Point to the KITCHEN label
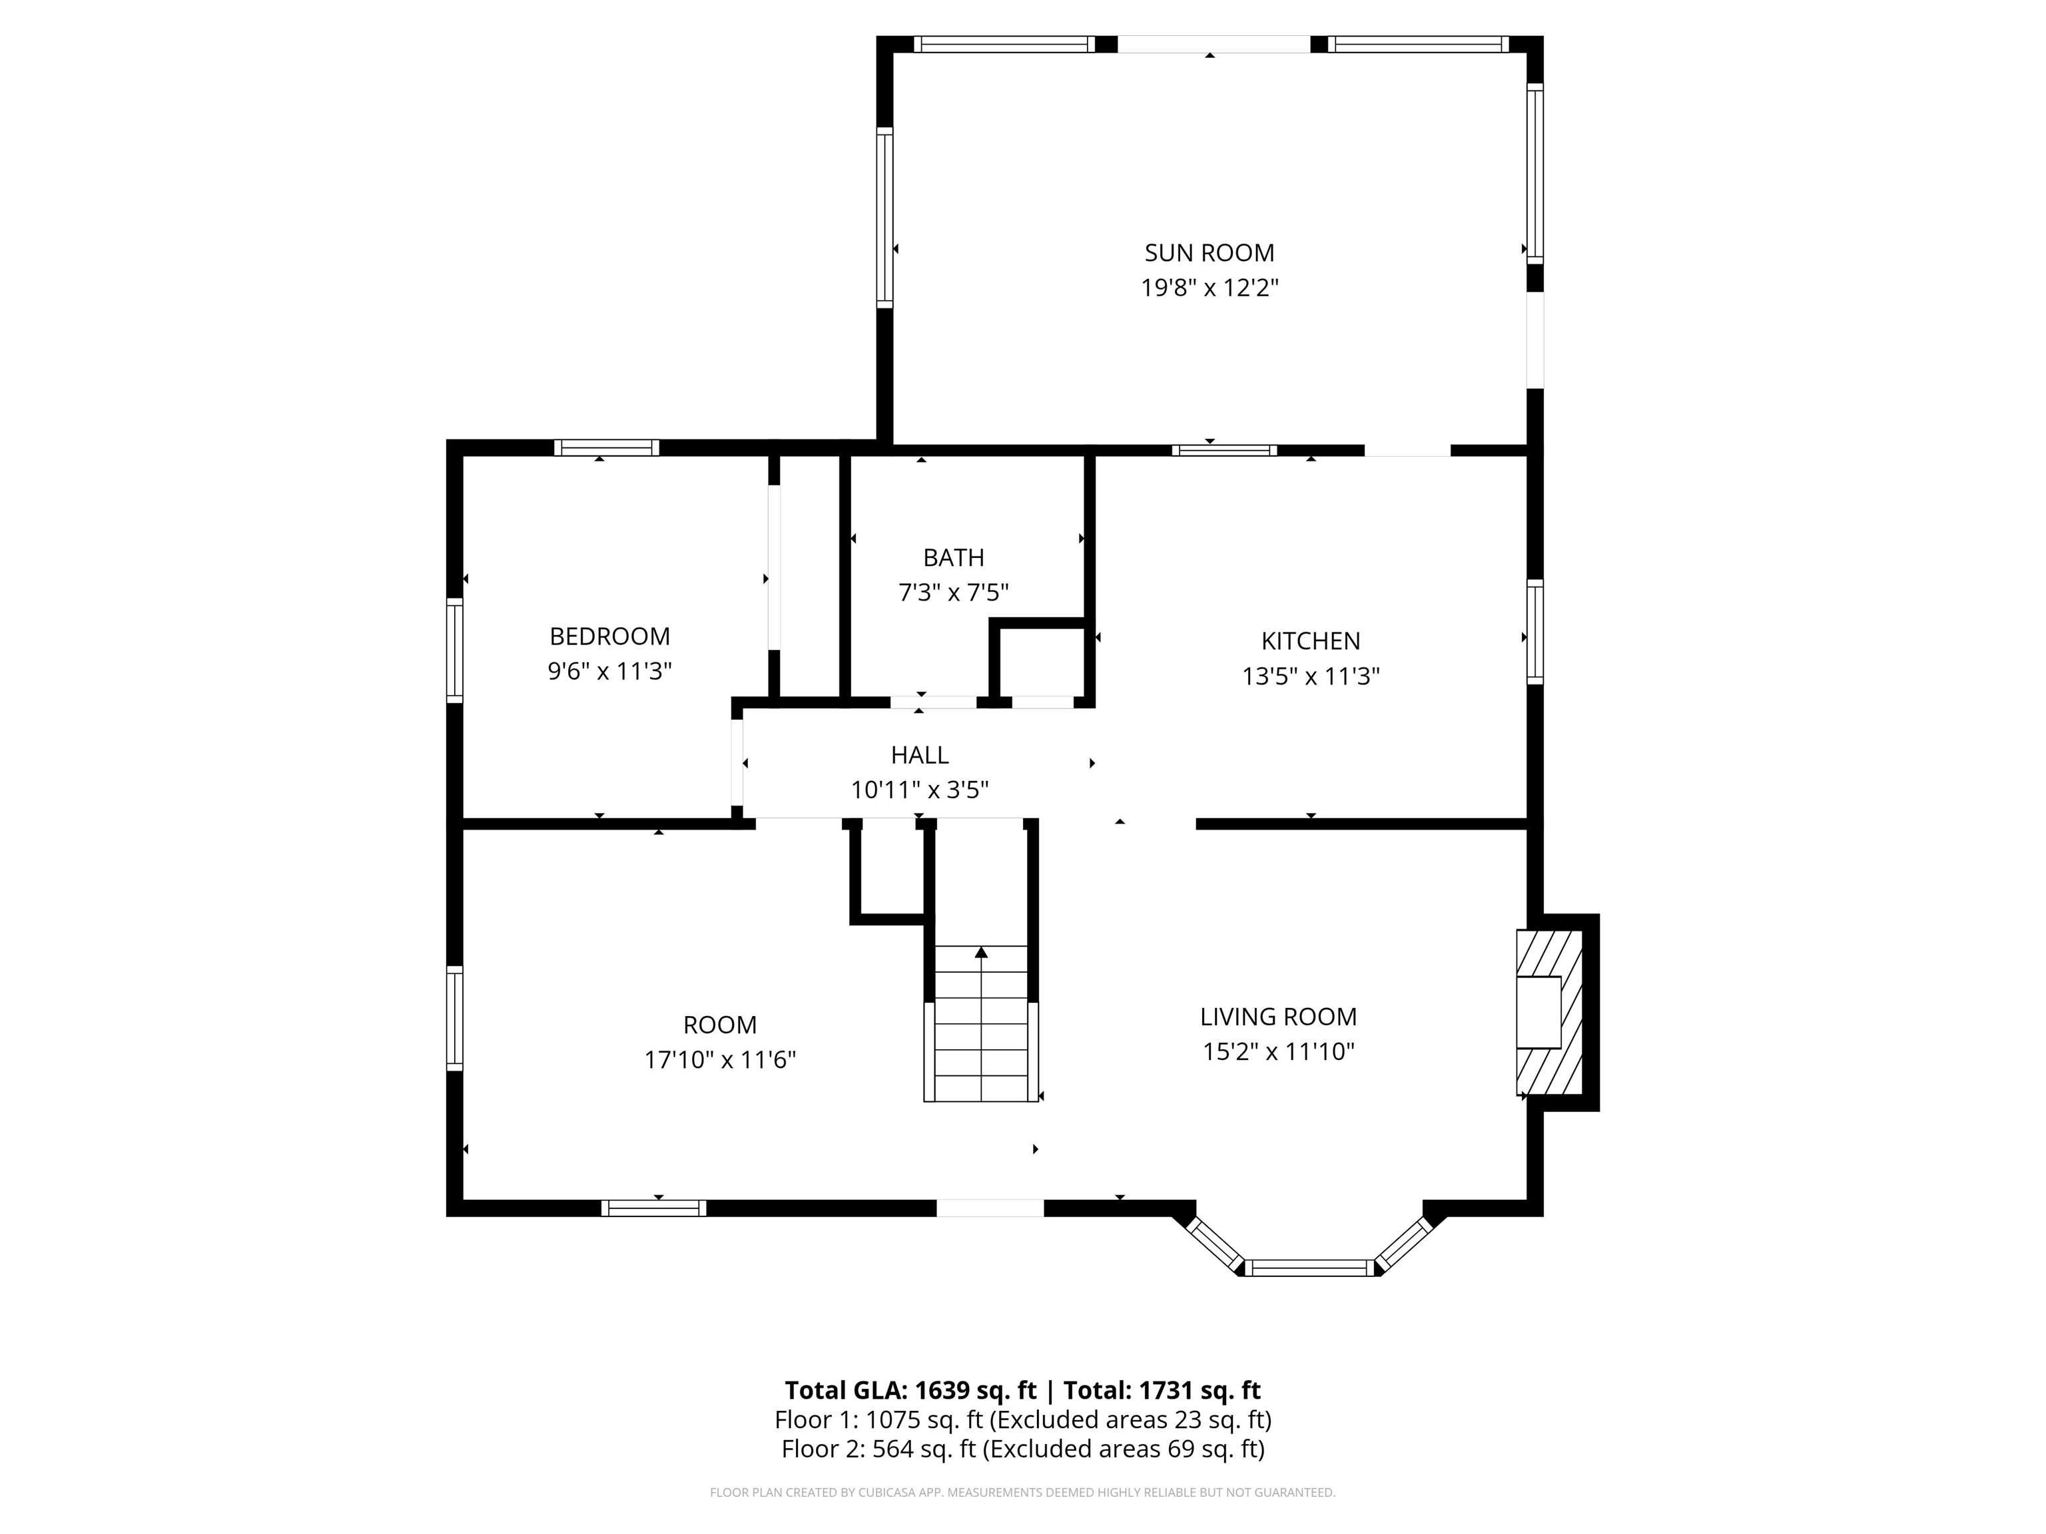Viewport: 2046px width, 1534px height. [x=1310, y=640]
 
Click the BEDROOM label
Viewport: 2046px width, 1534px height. [x=609, y=636]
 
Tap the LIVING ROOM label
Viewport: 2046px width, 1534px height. [x=1277, y=1017]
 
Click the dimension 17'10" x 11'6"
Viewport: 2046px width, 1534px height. [x=719, y=1060]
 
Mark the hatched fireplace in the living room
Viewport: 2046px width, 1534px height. [x=1549, y=1013]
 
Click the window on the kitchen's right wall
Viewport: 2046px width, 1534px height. [x=1534, y=632]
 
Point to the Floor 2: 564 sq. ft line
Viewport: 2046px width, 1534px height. [x=1022, y=1449]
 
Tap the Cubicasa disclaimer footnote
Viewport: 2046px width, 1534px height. [x=1022, y=1493]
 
